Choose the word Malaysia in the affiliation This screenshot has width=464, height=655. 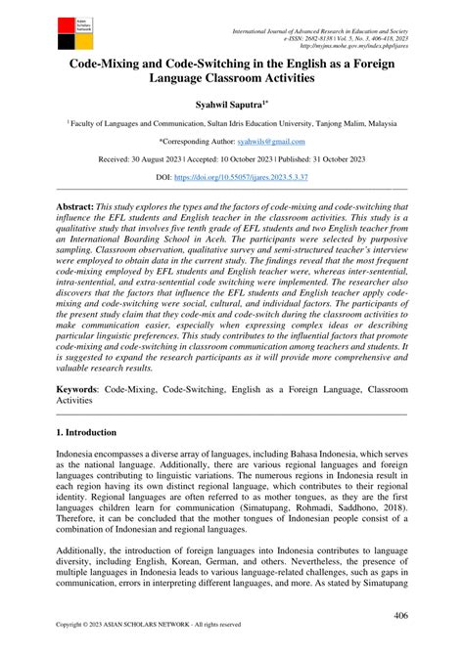pyautogui.click(x=376, y=123)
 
